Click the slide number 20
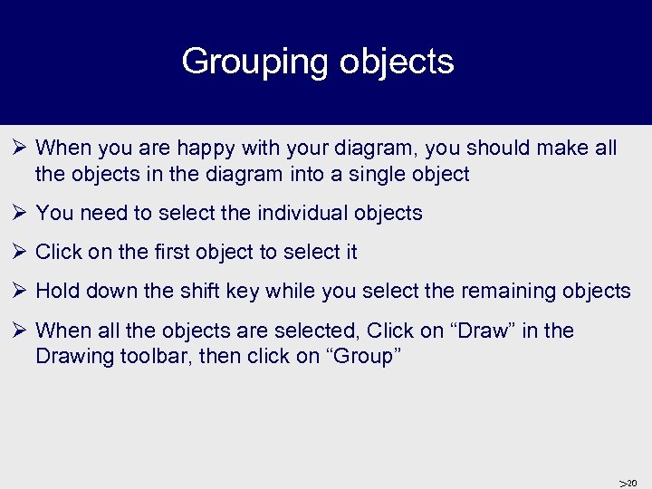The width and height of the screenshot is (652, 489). (x=631, y=483)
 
